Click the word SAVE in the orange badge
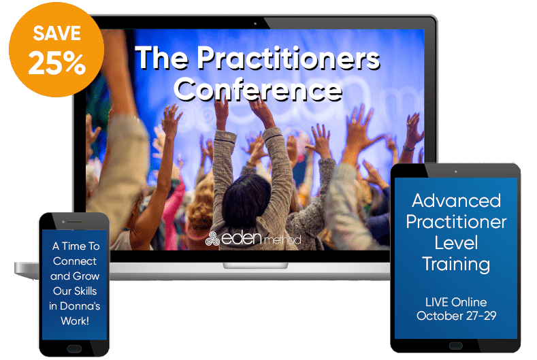point(57,33)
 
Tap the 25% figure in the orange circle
point(57,63)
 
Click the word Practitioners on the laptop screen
point(289,59)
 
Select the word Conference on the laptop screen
point(258,89)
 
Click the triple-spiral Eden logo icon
point(212,238)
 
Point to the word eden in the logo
point(242,238)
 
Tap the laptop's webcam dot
point(255,24)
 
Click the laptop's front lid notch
point(255,266)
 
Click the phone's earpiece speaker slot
point(74,222)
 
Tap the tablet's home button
point(455,346)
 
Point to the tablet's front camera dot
point(455,171)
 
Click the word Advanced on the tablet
point(456,201)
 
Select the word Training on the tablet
point(456,265)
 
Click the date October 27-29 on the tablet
point(456,316)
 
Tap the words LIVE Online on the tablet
point(456,302)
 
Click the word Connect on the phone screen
point(75,261)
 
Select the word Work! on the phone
point(75,321)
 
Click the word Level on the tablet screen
point(456,243)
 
